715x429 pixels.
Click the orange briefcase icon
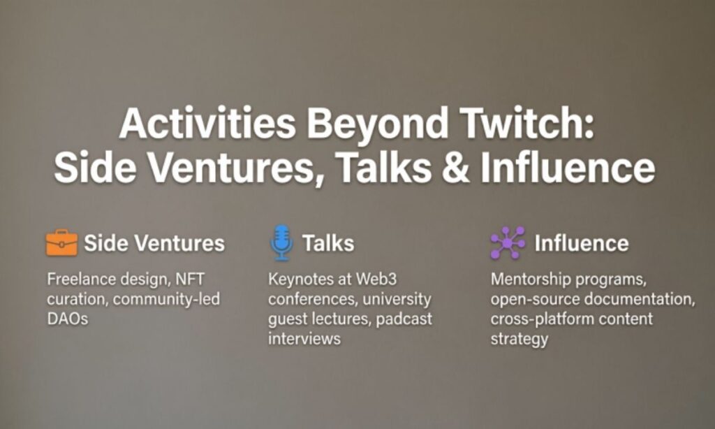click(x=61, y=243)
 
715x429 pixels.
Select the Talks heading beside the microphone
click(x=327, y=243)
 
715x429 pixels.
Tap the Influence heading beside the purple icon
click(x=581, y=243)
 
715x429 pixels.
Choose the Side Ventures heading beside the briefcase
click(x=154, y=243)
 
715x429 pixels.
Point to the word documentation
click(x=642, y=300)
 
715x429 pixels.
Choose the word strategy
click(x=519, y=340)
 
